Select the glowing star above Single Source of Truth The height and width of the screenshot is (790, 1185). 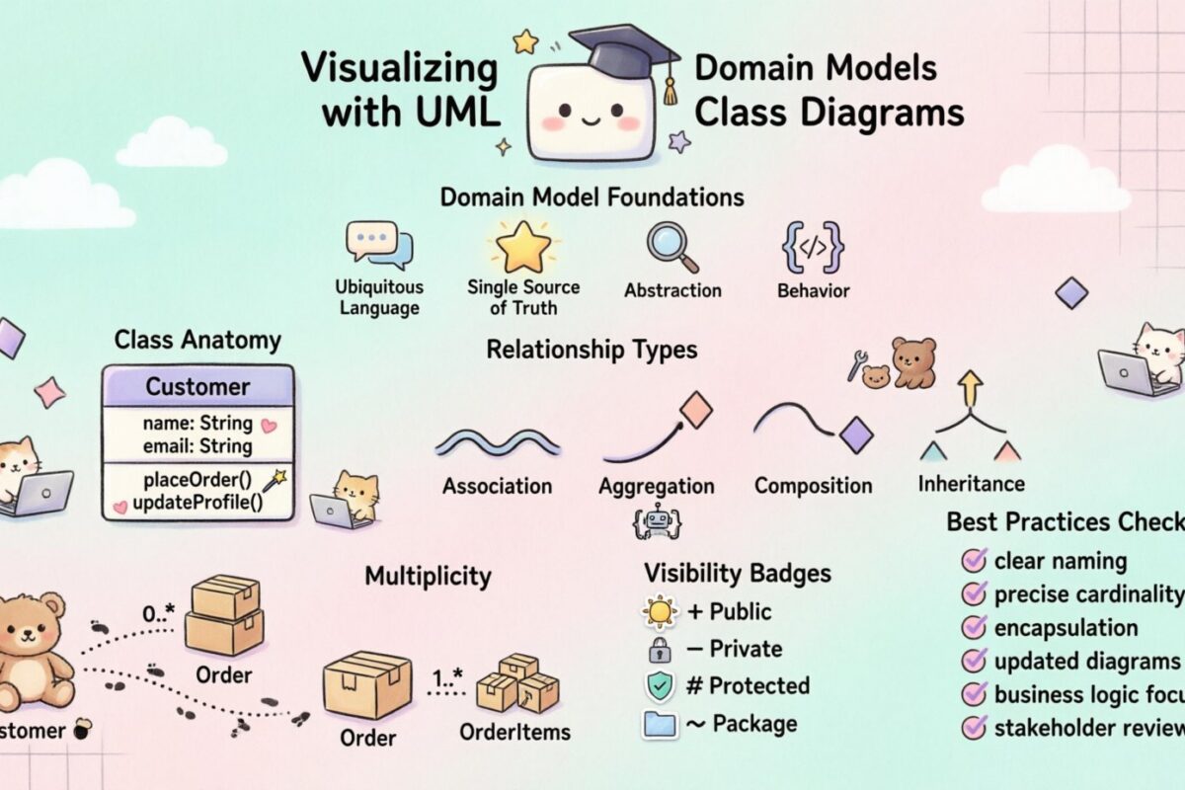click(523, 247)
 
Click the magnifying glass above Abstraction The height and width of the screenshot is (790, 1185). click(671, 247)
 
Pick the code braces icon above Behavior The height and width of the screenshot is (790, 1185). click(812, 247)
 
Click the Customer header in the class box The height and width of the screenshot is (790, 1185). click(197, 386)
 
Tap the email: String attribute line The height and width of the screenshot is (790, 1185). click(197, 446)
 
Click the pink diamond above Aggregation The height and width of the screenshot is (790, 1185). click(696, 409)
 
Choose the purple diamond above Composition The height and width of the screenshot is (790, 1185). click(855, 434)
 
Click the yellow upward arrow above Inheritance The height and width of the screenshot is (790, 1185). click(971, 388)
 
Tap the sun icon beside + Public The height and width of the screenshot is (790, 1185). click(659, 611)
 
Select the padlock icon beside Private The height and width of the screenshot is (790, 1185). click(659, 649)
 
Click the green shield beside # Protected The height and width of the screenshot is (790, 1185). click(659, 685)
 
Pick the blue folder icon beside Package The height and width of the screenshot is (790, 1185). click(659, 724)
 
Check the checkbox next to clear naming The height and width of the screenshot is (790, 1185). click(974, 561)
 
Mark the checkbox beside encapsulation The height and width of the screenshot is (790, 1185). click(974, 627)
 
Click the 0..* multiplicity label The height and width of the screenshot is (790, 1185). click(158, 614)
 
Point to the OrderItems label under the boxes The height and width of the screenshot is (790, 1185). click(514, 732)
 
